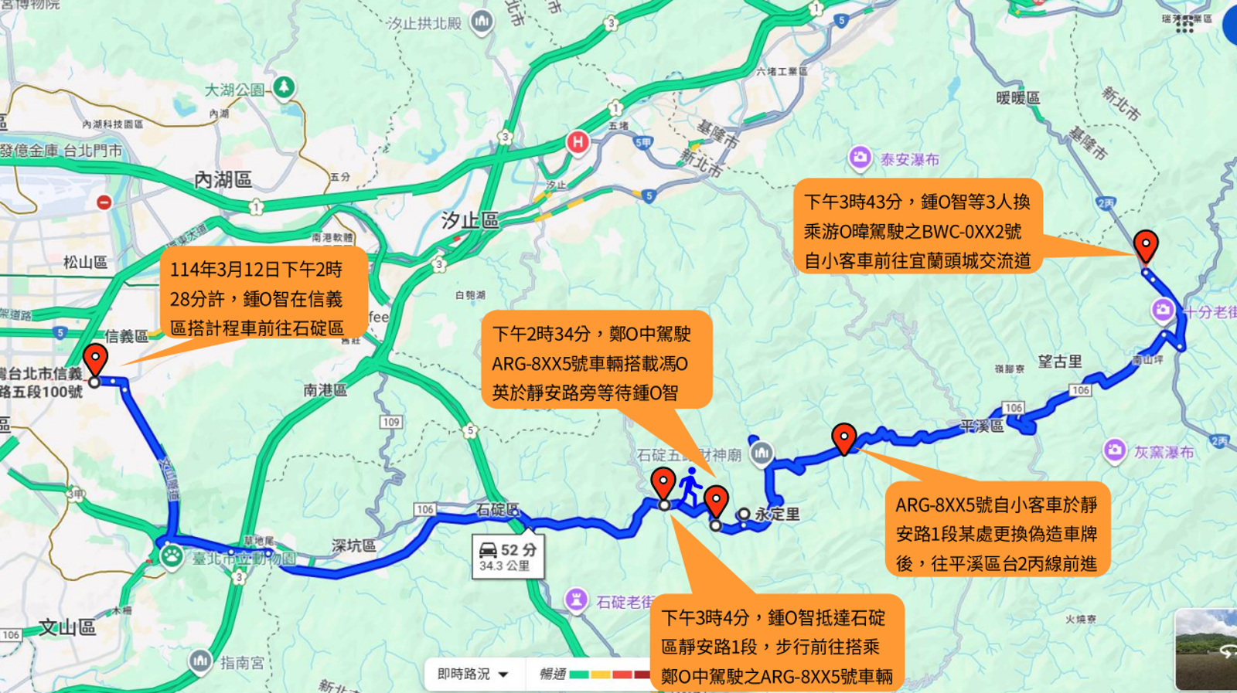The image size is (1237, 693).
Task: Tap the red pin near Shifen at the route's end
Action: pyautogui.click(x=1145, y=245)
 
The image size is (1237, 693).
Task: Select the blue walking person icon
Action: pyautogui.click(x=690, y=486)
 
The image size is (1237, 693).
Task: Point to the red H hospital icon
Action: pyautogui.click(x=578, y=142)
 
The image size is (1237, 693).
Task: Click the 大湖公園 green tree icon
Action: pyautogui.click(x=284, y=87)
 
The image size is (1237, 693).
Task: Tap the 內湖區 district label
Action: pyautogui.click(x=223, y=180)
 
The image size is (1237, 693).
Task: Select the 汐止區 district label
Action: pyautogui.click(x=469, y=221)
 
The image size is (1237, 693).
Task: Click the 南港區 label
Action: pyautogui.click(x=325, y=391)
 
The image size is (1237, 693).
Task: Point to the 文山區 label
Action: pyautogui.click(x=67, y=627)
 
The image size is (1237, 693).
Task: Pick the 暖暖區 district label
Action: pyautogui.click(x=1017, y=98)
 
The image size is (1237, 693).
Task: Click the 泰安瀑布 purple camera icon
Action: pyautogui.click(x=860, y=158)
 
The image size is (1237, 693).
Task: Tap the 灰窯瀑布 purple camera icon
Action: pyautogui.click(x=1114, y=450)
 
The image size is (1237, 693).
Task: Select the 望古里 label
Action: pyautogui.click(x=1059, y=362)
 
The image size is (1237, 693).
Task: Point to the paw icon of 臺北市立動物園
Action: pyautogui.click(x=171, y=555)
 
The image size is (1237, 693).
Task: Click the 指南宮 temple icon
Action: pyautogui.click(x=200, y=661)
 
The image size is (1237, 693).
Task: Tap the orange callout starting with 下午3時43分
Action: pyautogui.click(x=918, y=231)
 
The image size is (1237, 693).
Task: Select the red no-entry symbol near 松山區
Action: pyautogui.click(x=104, y=202)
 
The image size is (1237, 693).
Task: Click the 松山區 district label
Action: pyautogui.click(x=85, y=263)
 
